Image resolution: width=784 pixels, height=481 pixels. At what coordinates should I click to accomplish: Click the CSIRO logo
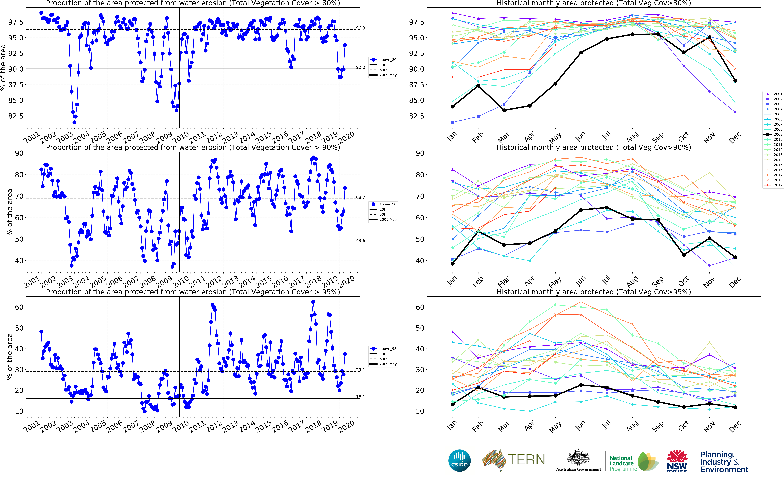[459, 460]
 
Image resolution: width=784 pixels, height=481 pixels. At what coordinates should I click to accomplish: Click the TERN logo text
[526, 460]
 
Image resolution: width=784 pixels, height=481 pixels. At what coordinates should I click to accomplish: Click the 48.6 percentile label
[360, 240]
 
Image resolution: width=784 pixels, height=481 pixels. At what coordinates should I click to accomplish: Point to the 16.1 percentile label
[360, 397]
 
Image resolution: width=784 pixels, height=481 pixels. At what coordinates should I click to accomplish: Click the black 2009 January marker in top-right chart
[452, 107]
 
